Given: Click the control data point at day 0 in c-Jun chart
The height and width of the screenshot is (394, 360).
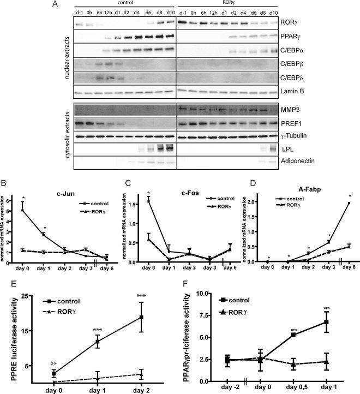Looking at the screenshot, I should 22,209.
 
